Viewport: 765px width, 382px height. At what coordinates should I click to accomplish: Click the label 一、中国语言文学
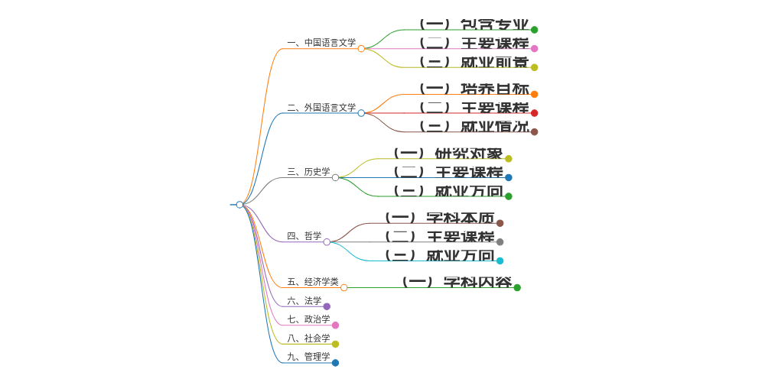(x=321, y=43)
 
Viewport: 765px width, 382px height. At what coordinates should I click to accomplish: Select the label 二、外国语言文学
(x=321, y=108)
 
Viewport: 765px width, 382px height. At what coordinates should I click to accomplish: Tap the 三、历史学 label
(x=308, y=172)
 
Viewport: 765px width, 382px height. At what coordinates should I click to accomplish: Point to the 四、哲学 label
(x=304, y=236)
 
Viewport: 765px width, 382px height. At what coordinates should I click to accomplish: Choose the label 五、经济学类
(x=313, y=282)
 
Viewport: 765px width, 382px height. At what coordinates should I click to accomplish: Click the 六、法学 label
(x=304, y=301)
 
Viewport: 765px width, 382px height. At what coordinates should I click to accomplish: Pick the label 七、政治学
(x=308, y=319)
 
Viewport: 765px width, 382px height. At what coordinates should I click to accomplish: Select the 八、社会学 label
(x=308, y=338)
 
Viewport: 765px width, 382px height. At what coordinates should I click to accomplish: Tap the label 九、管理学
(x=308, y=357)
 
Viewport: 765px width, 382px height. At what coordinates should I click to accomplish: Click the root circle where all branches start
(x=239, y=205)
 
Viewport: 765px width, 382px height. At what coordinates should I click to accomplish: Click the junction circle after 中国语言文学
(x=361, y=49)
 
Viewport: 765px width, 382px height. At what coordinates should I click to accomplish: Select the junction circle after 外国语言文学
(x=361, y=113)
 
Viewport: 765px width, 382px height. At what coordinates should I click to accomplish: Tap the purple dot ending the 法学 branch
(x=327, y=306)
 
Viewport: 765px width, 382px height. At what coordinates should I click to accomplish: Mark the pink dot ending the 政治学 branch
(x=335, y=325)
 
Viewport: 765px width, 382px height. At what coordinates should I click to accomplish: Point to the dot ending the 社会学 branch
(x=335, y=344)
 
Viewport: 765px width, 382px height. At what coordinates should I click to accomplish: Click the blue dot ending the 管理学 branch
(x=335, y=363)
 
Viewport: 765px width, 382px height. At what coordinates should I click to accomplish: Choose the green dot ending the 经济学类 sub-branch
(x=517, y=287)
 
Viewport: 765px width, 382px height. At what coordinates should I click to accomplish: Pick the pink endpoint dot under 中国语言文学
(x=535, y=49)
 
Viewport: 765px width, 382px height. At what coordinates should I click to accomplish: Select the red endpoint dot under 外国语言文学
(x=535, y=113)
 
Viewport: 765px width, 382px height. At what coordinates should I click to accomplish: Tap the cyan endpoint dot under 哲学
(x=500, y=261)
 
